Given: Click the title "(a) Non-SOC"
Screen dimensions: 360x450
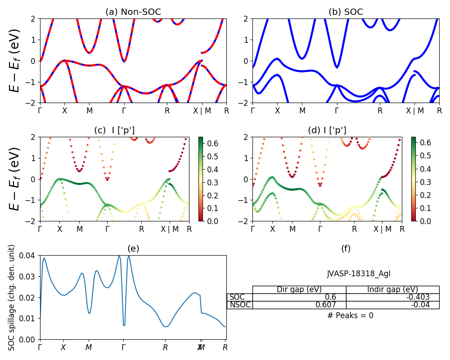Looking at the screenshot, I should [x=133, y=12].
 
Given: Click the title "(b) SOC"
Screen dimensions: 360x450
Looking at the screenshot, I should [x=346, y=12].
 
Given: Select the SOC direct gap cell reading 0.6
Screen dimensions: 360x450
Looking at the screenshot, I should [x=299, y=297].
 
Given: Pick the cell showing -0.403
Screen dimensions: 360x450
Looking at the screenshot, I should [x=392, y=297].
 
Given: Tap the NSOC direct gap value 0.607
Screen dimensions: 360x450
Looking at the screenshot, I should [x=299, y=305].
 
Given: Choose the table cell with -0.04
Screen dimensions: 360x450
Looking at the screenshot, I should [x=392, y=305].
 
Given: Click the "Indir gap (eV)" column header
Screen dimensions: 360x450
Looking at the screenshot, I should [x=392, y=289].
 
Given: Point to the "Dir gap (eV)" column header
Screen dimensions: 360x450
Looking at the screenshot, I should [x=299, y=289].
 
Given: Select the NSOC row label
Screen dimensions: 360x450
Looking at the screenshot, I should [x=240, y=305].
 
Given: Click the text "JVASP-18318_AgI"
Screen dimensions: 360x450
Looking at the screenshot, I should [x=350, y=274].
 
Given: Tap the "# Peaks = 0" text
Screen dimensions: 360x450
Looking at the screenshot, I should [x=350, y=315].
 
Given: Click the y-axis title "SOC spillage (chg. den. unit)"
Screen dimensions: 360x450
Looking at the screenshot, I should [x=12, y=297].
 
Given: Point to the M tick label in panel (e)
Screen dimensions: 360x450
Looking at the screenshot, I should [x=89, y=347].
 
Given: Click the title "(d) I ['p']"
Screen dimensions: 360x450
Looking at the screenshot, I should [x=327, y=130].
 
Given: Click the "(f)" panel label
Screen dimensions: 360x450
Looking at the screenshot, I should [x=346, y=248].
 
